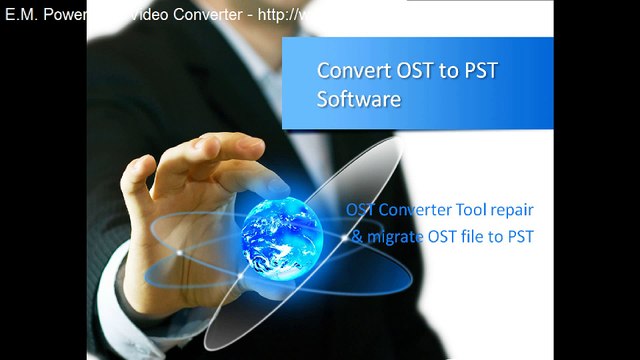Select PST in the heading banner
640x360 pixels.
click(x=479, y=71)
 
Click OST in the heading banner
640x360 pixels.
click(x=410, y=71)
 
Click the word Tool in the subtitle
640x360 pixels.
click(x=464, y=211)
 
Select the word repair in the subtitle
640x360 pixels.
click(x=509, y=211)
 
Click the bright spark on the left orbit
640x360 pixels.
click(x=179, y=251)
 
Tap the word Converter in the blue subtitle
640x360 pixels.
click(x=411, y=211)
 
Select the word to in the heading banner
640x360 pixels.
click(x=446, y=71)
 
